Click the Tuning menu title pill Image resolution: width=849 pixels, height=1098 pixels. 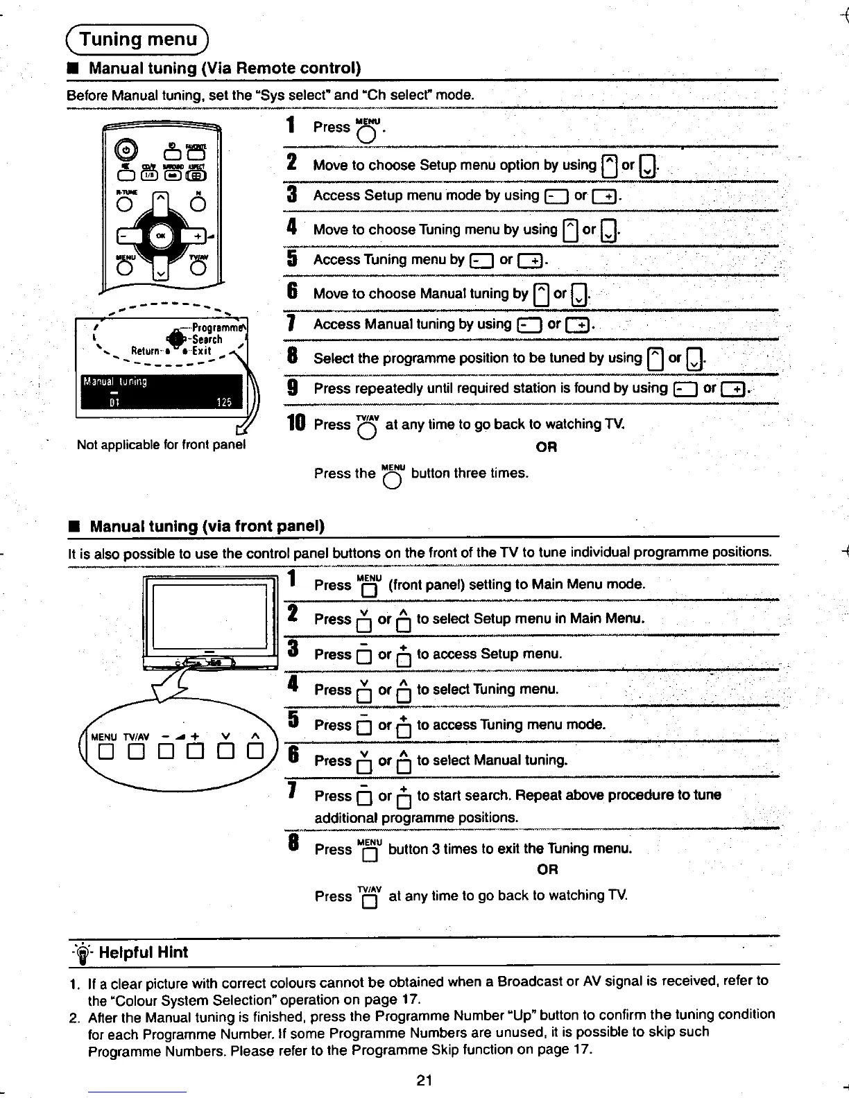click(139, 40)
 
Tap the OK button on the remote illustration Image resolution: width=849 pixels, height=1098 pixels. click(161, 235)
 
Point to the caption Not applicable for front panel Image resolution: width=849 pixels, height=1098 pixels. click(162, 444)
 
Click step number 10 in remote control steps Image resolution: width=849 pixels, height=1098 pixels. click(296, 422)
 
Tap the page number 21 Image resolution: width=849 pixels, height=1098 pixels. click(425, 1079)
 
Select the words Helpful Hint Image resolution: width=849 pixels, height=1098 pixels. click(143, 952)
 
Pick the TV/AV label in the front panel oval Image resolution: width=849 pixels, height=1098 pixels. click(137, 736)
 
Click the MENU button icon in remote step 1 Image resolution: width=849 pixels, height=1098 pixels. click(368, 130)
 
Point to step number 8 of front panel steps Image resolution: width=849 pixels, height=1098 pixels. click(293, 845)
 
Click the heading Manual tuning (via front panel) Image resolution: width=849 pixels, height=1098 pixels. click(207, 526)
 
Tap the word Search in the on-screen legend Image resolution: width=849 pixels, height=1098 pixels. click(207, 340)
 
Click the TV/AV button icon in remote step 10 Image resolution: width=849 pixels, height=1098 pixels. click(367, 428)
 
